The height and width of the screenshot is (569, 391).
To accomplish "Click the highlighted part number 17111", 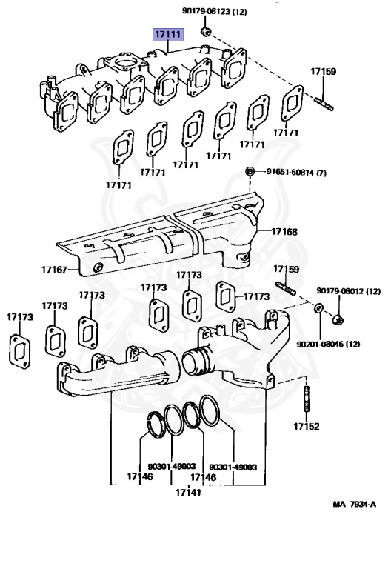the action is tap(168, 35).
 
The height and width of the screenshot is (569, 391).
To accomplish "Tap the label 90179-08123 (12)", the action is tap(214, 12).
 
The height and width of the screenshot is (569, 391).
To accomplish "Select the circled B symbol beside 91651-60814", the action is tap(250, 172).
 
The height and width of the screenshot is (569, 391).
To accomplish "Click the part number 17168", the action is tap(284, 231).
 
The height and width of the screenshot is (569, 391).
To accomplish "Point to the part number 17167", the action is tap(54, 269).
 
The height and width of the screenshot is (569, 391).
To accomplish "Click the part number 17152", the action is tap(307, 426).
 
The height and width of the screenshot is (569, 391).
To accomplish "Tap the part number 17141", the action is tap(188, 493).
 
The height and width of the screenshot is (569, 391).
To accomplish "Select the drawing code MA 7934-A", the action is tap(355, 504).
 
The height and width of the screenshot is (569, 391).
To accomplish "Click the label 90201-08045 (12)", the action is tap(328, 344).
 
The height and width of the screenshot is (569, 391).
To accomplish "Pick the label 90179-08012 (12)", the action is tap(349, 291).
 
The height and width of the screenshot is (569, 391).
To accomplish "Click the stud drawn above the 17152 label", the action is tap(307, 398).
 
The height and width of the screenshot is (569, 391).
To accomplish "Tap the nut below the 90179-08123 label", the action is tap(206, 32).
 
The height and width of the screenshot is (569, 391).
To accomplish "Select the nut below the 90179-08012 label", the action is tap(338, 320).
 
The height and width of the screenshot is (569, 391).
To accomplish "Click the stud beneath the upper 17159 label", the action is tap(323, 104).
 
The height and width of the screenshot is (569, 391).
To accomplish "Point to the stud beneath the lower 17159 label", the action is tap(285, 287).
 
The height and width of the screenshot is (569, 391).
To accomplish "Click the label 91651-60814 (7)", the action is tap(296, 172).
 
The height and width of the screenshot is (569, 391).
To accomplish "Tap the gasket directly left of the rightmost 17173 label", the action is tap(226, 296).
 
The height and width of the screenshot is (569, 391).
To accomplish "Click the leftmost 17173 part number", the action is tap(20, 317).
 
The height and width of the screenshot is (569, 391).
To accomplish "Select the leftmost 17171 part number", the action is tap(118, 185).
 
